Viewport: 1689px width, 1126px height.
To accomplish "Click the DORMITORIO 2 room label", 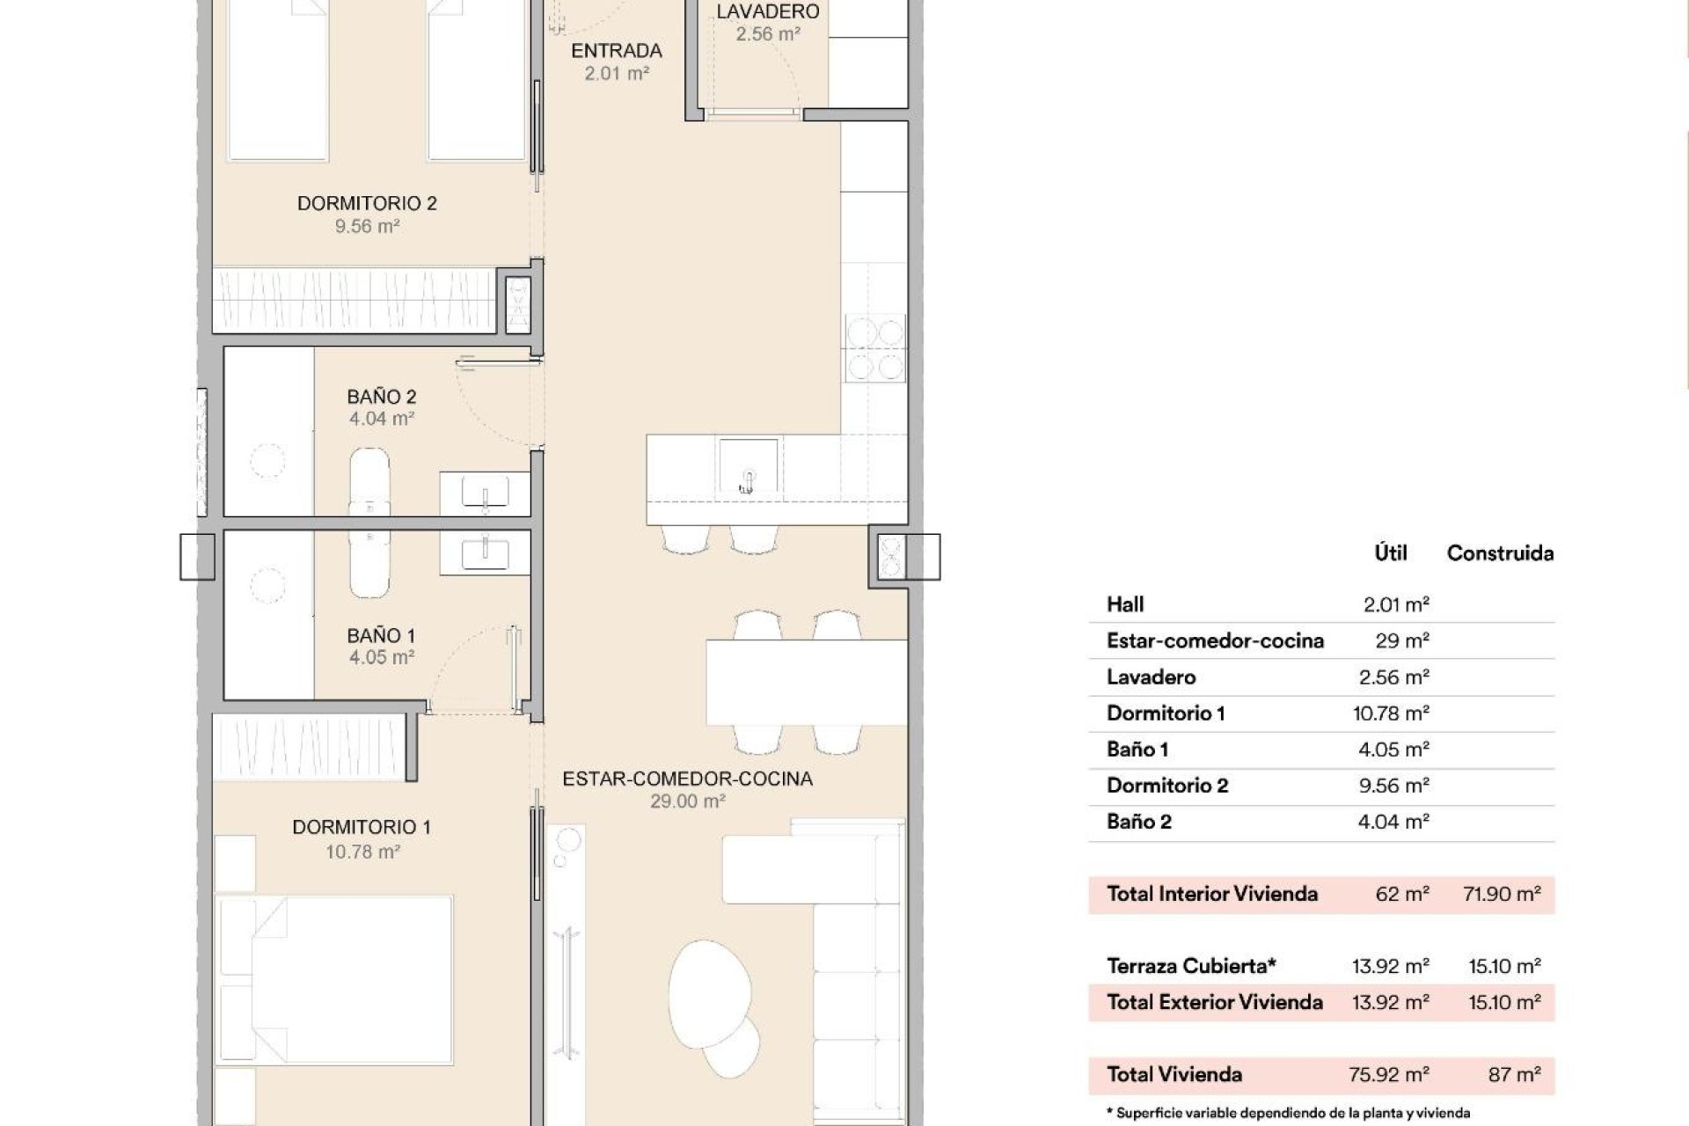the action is click(367, 203).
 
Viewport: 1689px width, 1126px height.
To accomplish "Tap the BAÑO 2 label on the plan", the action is click(381, 397).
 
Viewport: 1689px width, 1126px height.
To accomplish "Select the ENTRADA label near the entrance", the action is click(616, 51).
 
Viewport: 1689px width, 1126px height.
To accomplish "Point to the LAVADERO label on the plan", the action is click(767, 11).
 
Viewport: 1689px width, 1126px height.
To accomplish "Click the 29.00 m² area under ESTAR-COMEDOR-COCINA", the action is click(687, 801).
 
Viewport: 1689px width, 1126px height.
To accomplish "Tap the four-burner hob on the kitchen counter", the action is click(874, 347).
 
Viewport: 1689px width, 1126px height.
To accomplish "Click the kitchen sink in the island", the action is click(748, 466).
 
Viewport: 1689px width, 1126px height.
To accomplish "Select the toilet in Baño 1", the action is click(369, 563).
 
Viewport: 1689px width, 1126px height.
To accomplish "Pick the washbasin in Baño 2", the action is click(485, 492).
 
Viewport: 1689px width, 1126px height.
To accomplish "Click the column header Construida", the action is click(1500, 553).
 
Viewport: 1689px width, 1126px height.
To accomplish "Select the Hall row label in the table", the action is click(1125, 604).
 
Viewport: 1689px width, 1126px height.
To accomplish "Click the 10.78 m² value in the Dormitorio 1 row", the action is click(1391, 713).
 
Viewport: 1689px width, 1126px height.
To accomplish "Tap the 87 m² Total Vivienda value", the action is click(1515, 1074).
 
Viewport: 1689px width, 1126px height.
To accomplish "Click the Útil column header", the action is click(1391, 553).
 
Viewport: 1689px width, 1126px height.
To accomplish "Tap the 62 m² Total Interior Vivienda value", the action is click(1402, 895).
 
